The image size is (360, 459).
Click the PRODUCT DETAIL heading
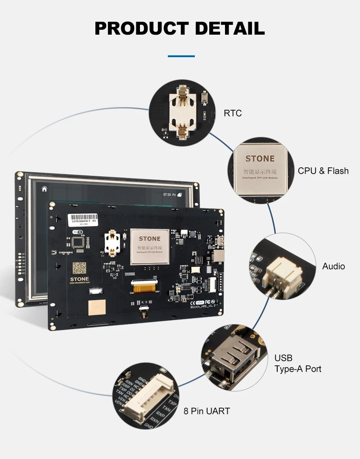click(x=180, y=28)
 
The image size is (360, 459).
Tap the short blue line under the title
click(x=181, y=56)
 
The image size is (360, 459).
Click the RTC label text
click(x=233, y=113)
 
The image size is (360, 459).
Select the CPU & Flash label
click(x=323, y=171)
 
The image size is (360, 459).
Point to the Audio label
click(x=333, y=266)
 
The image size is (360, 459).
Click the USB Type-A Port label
click(x=297, y=364)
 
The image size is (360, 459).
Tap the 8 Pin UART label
click(x=207, y=411)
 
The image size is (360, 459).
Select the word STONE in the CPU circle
click(x=260, y=159)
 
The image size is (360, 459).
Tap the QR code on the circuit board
click(x=80, y=268)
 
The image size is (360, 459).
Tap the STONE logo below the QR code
click(x=80, y=279)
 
